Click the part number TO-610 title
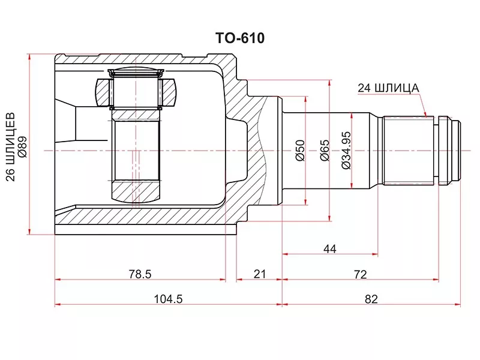pos(240,38)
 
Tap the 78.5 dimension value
pos(140,274)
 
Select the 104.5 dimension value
pos(168,299)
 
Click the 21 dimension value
pos(260,274)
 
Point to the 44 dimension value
pos(329,249)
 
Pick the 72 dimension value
pos(361,274)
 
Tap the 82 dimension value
pos(371,299)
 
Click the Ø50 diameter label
pos(301,150)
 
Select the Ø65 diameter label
pos(325,150)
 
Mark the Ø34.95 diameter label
pos(346,151)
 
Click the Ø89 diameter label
pos(22,147)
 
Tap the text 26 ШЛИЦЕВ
pos(10,147)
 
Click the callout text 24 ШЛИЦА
pos(388,88)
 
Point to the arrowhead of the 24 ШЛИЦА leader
pos(425,115)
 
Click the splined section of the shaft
pos(409,151)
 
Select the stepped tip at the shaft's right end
pos(449,151)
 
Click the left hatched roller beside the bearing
pos(103,93)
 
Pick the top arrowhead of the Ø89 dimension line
pos(29,57)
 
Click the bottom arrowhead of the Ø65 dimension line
pos(329,217)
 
